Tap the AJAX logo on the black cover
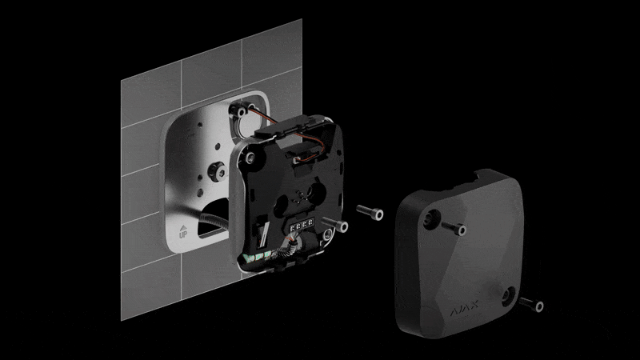click(464, 309)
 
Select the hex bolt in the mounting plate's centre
click(217, 171)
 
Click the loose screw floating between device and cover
click(370, 212)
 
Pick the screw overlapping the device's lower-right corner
click(335, 224)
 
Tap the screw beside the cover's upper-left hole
click(454, 228)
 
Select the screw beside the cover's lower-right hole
click(530, 304)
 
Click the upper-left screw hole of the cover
click(431, 218)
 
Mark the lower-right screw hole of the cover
click(509, 296)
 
